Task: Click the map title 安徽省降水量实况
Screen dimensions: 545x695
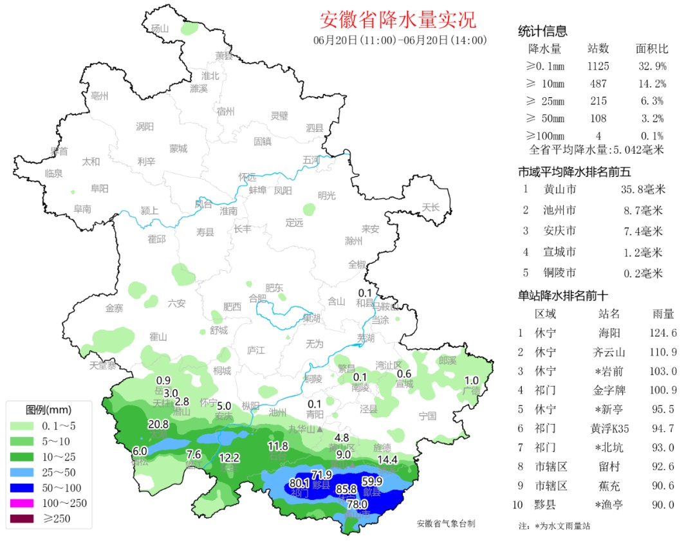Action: pyautogui.click(x=398, y=20)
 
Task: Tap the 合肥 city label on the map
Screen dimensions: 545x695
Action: pyautogui.click(x=257, y=298)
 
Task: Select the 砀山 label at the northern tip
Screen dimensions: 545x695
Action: pyautogui.click(x=159, y=28)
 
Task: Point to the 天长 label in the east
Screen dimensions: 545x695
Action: pyautogui.click(x=431, y=207)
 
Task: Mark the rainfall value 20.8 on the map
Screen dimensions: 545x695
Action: pyautogui.click(x=158, y=424)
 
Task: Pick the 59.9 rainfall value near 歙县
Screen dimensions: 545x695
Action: pyautogui.click(x=373, y=481)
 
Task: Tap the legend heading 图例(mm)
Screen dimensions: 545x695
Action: pyautogui.click(x=48, y=409)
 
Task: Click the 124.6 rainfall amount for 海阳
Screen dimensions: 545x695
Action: pyautogui.click(x=663, y=333)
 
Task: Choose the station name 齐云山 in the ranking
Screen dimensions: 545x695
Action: pyautogui.click(x=608, y=352)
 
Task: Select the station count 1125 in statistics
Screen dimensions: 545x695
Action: pyautogui.click(x=598, y=66)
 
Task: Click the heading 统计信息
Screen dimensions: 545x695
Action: pyautogui.click(x=542, y=32)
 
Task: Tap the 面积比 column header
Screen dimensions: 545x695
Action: pyautogui.click(x=651, y=49)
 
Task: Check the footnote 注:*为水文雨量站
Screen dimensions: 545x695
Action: pyautogui.click(x=554, y=526)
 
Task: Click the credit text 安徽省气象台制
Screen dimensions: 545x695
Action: pyautogui.click(x=445, y=524)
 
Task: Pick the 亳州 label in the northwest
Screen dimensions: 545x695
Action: pyautogui.click(x=100, y=96)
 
